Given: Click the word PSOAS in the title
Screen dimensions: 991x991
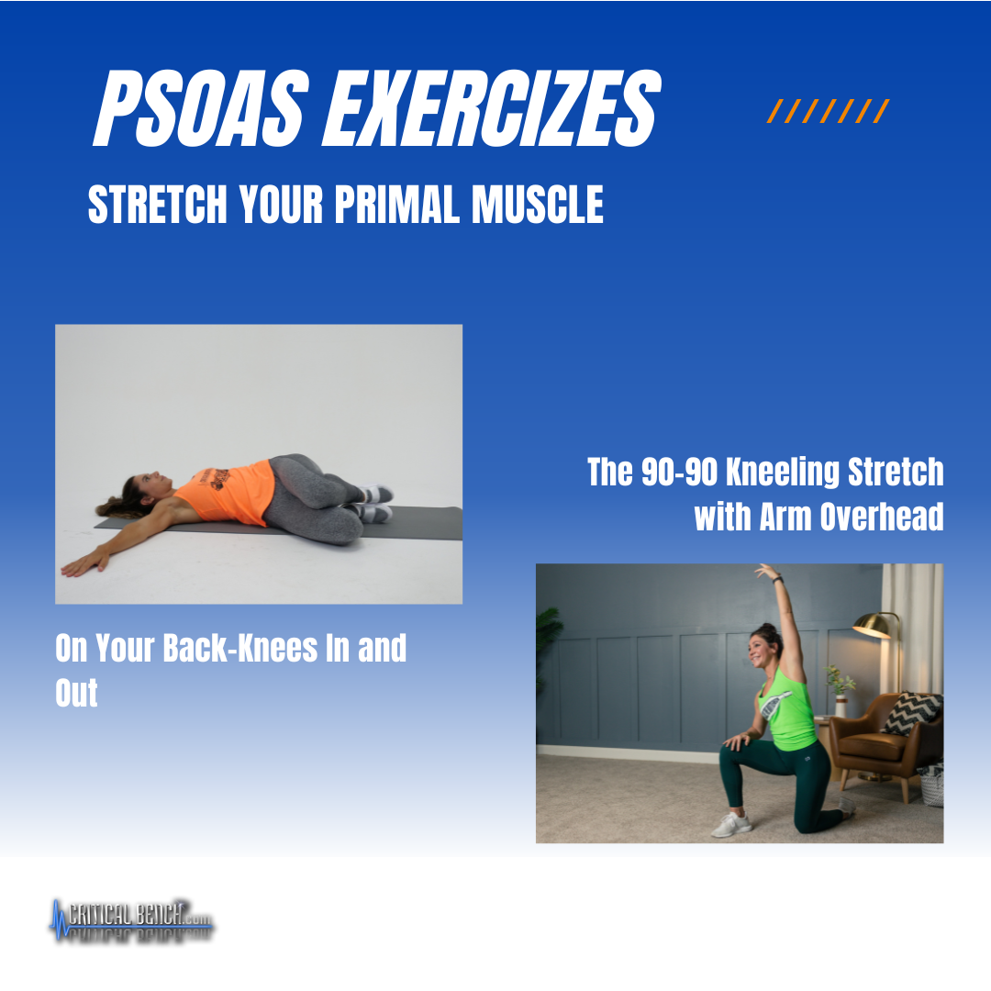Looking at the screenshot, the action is click(x=202, y=107).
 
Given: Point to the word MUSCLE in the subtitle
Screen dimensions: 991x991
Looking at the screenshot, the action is click(x=537, y=204).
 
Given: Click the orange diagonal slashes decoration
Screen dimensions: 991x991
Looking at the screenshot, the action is click(x=828, y=111).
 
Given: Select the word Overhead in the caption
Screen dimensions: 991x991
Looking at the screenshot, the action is click(x=882, y=517).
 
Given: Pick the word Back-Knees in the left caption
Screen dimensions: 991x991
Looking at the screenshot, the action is click(x=240, y=648).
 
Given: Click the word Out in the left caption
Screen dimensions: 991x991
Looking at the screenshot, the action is click(x=76, y=693).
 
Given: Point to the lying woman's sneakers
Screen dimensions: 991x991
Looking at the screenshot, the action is click(x=374, y=503).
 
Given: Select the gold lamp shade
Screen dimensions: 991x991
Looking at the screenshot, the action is click(x=875, y=625).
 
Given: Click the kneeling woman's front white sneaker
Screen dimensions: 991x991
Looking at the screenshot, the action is click(x=732, y=825).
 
